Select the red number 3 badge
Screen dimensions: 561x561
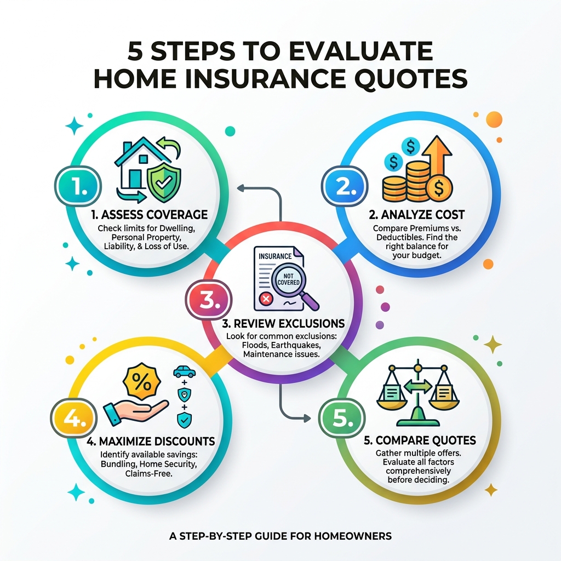pos(210,300)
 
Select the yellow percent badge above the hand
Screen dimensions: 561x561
pos(142,382)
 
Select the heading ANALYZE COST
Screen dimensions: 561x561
pos(417,214)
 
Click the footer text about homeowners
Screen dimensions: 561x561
pos(280,536)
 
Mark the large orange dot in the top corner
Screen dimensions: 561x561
pos(494,119)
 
